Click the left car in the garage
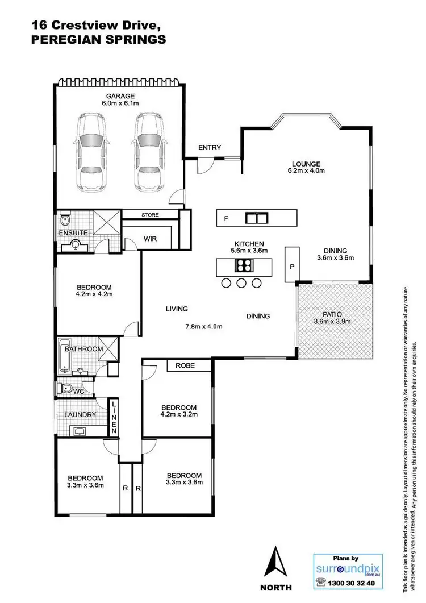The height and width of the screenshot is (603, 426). click(x=92, y=151)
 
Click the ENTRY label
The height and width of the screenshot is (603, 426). click(x=209, y=148)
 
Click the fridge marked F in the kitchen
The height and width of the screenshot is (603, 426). click(x=226, y=218)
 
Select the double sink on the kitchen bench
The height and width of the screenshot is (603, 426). click(x=257, y=218)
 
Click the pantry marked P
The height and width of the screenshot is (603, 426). click(x=292, y=265)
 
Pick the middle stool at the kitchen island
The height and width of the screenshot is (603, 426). click(x=241, y=283)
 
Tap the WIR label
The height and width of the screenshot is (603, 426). click(x=150, y=239)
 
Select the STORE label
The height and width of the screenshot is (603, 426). click(x=151, y=215)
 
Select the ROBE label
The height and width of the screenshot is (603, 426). click(x=185, y=365)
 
